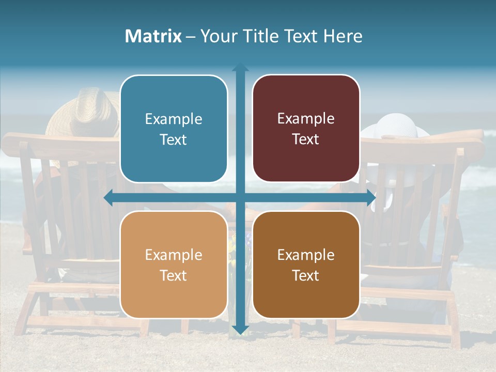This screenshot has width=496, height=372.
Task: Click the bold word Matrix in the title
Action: point(153,36)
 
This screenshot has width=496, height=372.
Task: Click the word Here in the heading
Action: point(343,36)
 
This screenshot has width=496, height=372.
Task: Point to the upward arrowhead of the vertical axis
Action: point(240,68)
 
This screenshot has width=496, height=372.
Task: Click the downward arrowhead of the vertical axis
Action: point(240,330)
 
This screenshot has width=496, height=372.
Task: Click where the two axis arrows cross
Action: point(240,198)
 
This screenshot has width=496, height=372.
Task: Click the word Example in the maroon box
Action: point(306,119)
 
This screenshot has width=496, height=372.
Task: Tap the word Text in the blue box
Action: point(174,140)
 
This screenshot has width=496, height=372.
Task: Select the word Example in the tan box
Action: point(174,255)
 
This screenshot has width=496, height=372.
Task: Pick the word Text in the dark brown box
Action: point(306,276)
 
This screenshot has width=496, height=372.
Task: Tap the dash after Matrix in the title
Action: point(191,37)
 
